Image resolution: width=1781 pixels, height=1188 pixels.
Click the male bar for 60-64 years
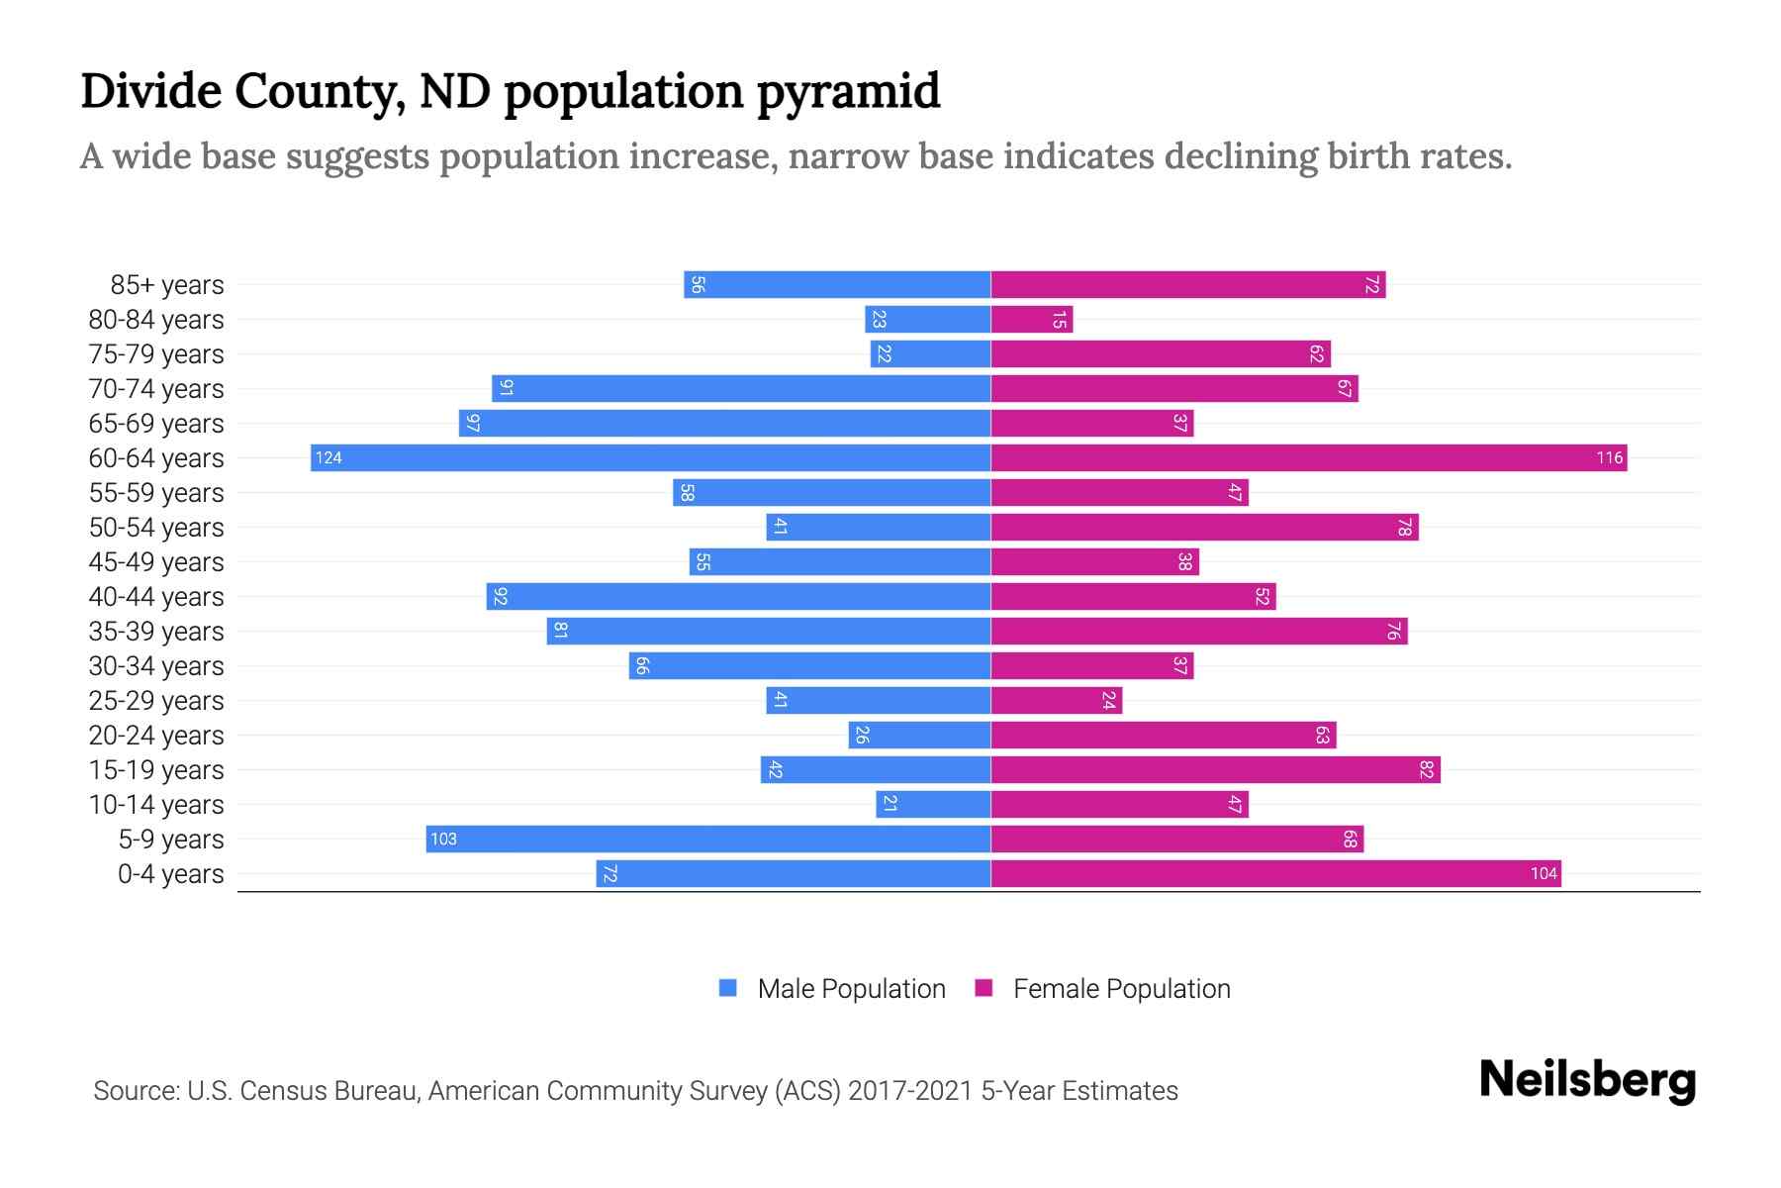click(650, 457)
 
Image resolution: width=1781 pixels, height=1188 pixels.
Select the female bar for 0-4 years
click(1275, 873)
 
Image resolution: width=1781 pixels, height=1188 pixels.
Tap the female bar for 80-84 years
click(1031, 319)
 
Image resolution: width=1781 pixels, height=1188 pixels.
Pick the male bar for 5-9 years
click(708, 839)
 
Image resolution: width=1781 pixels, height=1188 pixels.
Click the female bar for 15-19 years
click(1215, 769)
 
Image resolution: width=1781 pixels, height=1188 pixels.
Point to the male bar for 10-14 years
click(933, 804)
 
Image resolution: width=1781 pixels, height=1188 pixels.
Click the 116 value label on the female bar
click(1609, 457)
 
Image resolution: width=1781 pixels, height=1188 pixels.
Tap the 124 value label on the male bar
click(328, 457)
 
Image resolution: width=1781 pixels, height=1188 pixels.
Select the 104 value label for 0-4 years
click(1544, 873)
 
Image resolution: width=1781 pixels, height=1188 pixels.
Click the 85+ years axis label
click(167, 285)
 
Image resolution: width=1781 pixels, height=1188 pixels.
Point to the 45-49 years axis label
click(156, 562)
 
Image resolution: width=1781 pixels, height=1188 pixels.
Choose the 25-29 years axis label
click(156, 701)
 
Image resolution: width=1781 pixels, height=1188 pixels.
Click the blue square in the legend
click(728, 988)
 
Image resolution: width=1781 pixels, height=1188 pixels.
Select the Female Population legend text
click(1121, 988)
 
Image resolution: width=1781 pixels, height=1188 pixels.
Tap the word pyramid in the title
click(849, 91)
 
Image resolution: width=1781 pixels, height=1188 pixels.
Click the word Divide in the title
click(150, 91)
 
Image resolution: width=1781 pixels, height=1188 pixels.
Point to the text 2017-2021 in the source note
click(910, 1091)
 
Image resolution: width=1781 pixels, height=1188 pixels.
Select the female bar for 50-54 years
click(1204, 527)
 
